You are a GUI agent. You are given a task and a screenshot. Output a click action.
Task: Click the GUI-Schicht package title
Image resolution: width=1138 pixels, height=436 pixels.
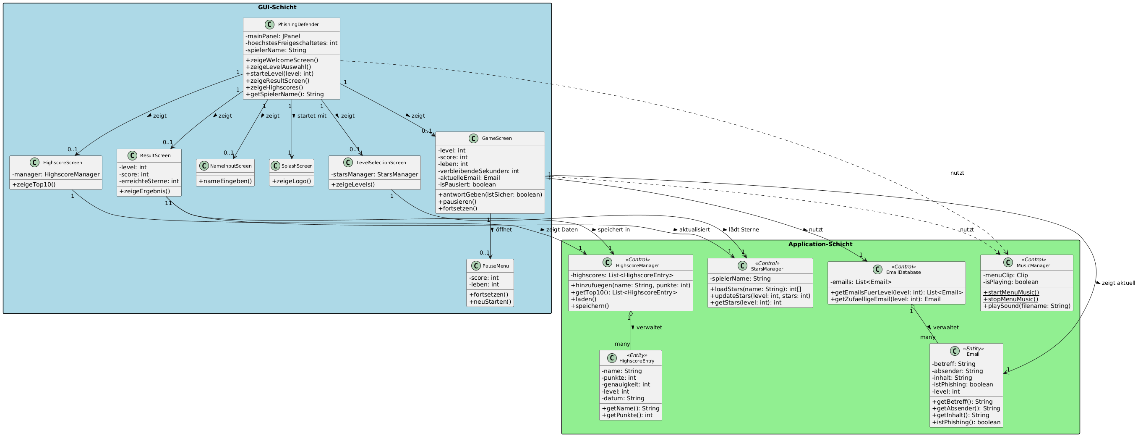coord(277,7)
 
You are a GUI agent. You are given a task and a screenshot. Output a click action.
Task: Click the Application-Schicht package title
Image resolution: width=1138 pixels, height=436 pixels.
coord(820,244)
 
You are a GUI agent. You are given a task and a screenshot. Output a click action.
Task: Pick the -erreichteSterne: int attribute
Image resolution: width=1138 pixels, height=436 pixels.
coord(149,181)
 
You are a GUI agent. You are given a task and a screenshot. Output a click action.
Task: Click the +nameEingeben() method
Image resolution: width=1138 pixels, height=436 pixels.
coord(225,181)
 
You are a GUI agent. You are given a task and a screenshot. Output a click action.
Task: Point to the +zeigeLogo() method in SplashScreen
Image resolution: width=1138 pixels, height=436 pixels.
coord(292,181)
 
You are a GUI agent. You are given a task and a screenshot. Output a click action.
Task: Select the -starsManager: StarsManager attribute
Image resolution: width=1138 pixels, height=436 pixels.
coord(375,174)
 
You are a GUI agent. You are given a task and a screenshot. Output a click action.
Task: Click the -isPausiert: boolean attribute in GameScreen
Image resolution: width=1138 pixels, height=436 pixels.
coord(467,184)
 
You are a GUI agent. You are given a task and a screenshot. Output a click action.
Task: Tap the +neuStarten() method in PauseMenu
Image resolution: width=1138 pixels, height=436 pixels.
coord(490,302)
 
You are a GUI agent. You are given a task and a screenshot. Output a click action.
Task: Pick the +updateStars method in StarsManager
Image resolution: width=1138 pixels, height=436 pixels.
coord(760,296)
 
